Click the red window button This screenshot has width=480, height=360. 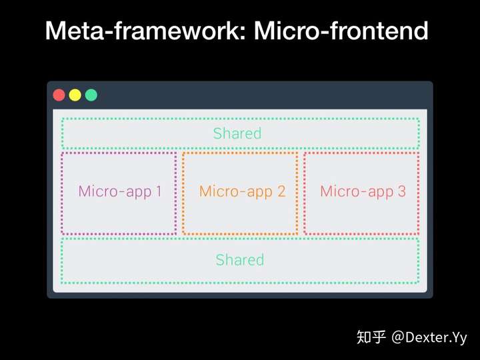click(59, 95)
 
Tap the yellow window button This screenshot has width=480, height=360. click(75, 95)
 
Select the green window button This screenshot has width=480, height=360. click(91, 95)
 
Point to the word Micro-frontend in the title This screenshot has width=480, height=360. click(341, 31)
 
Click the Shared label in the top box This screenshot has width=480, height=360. click(237, 133)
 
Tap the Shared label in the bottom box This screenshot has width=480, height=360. click(240, 259)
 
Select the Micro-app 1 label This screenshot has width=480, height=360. click(120, 192)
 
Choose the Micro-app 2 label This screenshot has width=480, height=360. click(242, 192)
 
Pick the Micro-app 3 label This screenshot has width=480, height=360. click(363, 192)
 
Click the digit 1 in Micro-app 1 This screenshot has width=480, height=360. click(159, 191)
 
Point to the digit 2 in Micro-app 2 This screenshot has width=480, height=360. click(281, 191)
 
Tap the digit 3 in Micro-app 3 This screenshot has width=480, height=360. click(402, 191)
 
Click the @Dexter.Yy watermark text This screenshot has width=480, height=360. click(429, 337)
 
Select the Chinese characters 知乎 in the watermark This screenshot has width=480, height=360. click(371, 337)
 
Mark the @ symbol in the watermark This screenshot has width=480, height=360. click(398, 337)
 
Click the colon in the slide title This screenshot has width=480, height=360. click(243, 33)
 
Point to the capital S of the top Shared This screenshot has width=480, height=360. click(217, 133)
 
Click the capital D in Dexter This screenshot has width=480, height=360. click(411, 337)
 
